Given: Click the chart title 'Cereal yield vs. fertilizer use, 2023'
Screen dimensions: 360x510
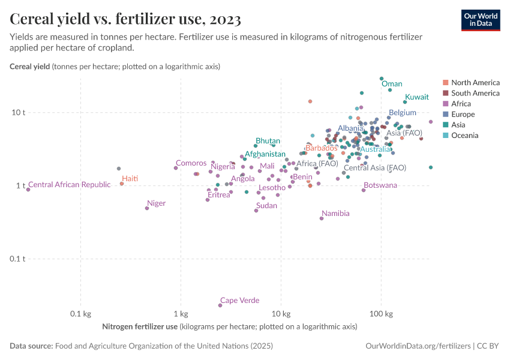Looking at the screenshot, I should coord(125,20).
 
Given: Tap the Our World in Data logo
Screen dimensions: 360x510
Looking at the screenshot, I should coord(480,20).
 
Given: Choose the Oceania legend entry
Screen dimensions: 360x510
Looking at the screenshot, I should coord(464,136).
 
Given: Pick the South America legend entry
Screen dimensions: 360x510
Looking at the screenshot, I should coord(475,93).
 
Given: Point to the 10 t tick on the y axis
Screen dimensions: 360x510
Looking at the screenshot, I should coord(18,113).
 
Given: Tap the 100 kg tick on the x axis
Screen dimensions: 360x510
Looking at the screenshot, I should coord(381,314).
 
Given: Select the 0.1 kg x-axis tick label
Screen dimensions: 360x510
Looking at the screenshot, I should coord(80,314).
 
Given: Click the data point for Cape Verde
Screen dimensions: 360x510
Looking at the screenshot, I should coord(220,305).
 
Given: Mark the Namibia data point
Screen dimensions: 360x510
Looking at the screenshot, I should coord(322,218).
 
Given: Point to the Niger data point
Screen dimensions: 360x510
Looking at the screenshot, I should coord(147,208).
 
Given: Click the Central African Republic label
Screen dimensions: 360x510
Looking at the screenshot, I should coord(70,185).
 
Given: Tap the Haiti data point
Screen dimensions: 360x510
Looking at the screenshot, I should coord(122,184).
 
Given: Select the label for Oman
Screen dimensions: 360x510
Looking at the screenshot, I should coord(392,84).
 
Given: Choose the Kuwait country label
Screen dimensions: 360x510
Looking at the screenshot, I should coord(416,97).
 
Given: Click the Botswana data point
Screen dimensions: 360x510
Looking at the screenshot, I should coord(364,190).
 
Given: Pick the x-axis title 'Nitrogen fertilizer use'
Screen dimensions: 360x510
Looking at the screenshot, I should coord(140,327).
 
